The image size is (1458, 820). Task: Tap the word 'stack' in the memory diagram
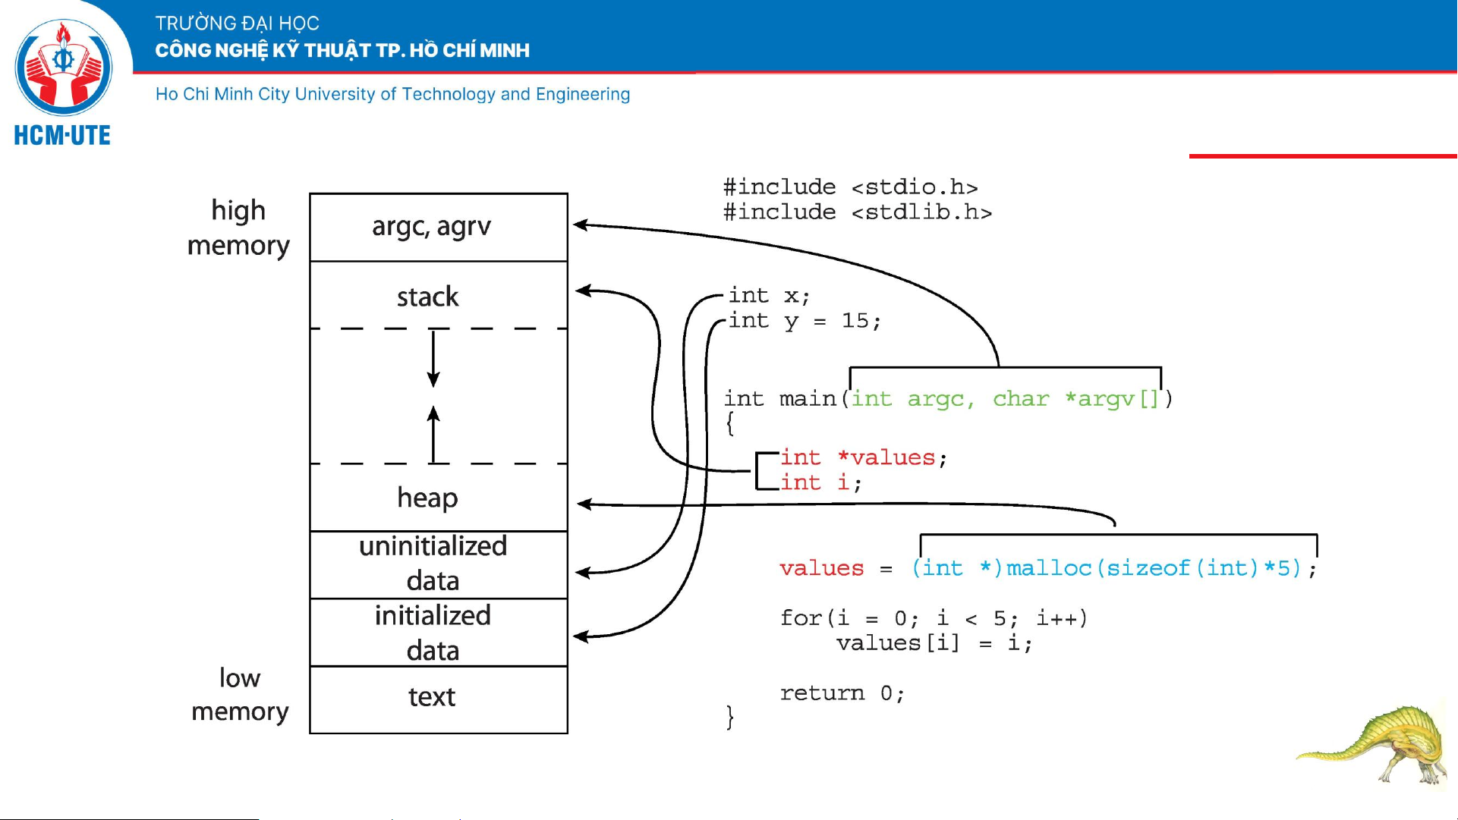click(x=427, y=297)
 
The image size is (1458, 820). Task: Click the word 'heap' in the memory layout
click(x=427, y=498)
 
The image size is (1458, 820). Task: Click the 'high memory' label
click(x=238, y=228)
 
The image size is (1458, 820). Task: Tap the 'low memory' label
click(x=240, y=694)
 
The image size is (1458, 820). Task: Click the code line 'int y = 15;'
click(x=805, y=321)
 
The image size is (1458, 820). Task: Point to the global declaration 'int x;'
click(x=769, y=295)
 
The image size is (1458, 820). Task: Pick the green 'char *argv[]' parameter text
click(x=1075, y=398)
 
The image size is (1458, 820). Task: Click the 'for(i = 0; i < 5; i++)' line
click(x=934, y=618)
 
